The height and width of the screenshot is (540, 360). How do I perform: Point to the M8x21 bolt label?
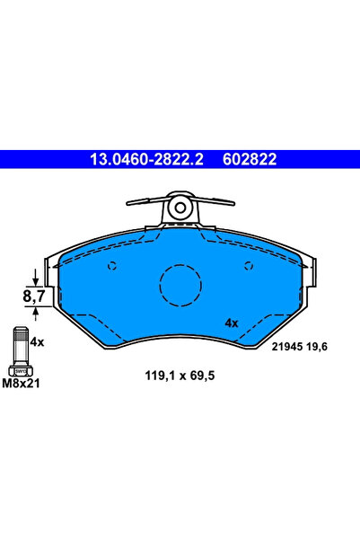[21, 385]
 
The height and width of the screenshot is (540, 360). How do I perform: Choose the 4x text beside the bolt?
[38, 341]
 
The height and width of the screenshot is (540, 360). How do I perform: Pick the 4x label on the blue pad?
[231, 322]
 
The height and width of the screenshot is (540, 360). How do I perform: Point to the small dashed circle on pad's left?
[112, 265]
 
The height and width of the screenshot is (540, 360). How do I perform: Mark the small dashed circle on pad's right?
[249, 265]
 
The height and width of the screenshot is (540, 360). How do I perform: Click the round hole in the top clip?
[180, 209]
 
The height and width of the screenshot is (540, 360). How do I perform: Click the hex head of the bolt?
[20, 368]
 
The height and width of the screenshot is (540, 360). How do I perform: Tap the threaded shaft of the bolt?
[20, 344]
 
